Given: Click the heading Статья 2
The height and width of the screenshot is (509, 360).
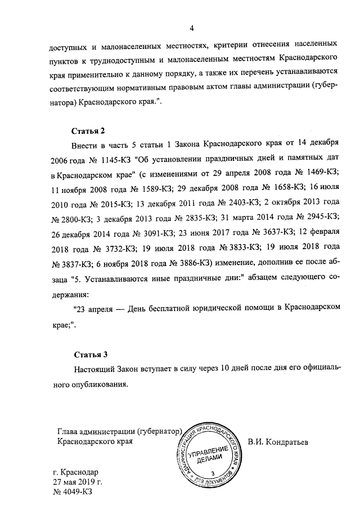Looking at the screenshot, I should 89,132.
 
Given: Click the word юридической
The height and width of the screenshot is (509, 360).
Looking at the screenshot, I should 208,308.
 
